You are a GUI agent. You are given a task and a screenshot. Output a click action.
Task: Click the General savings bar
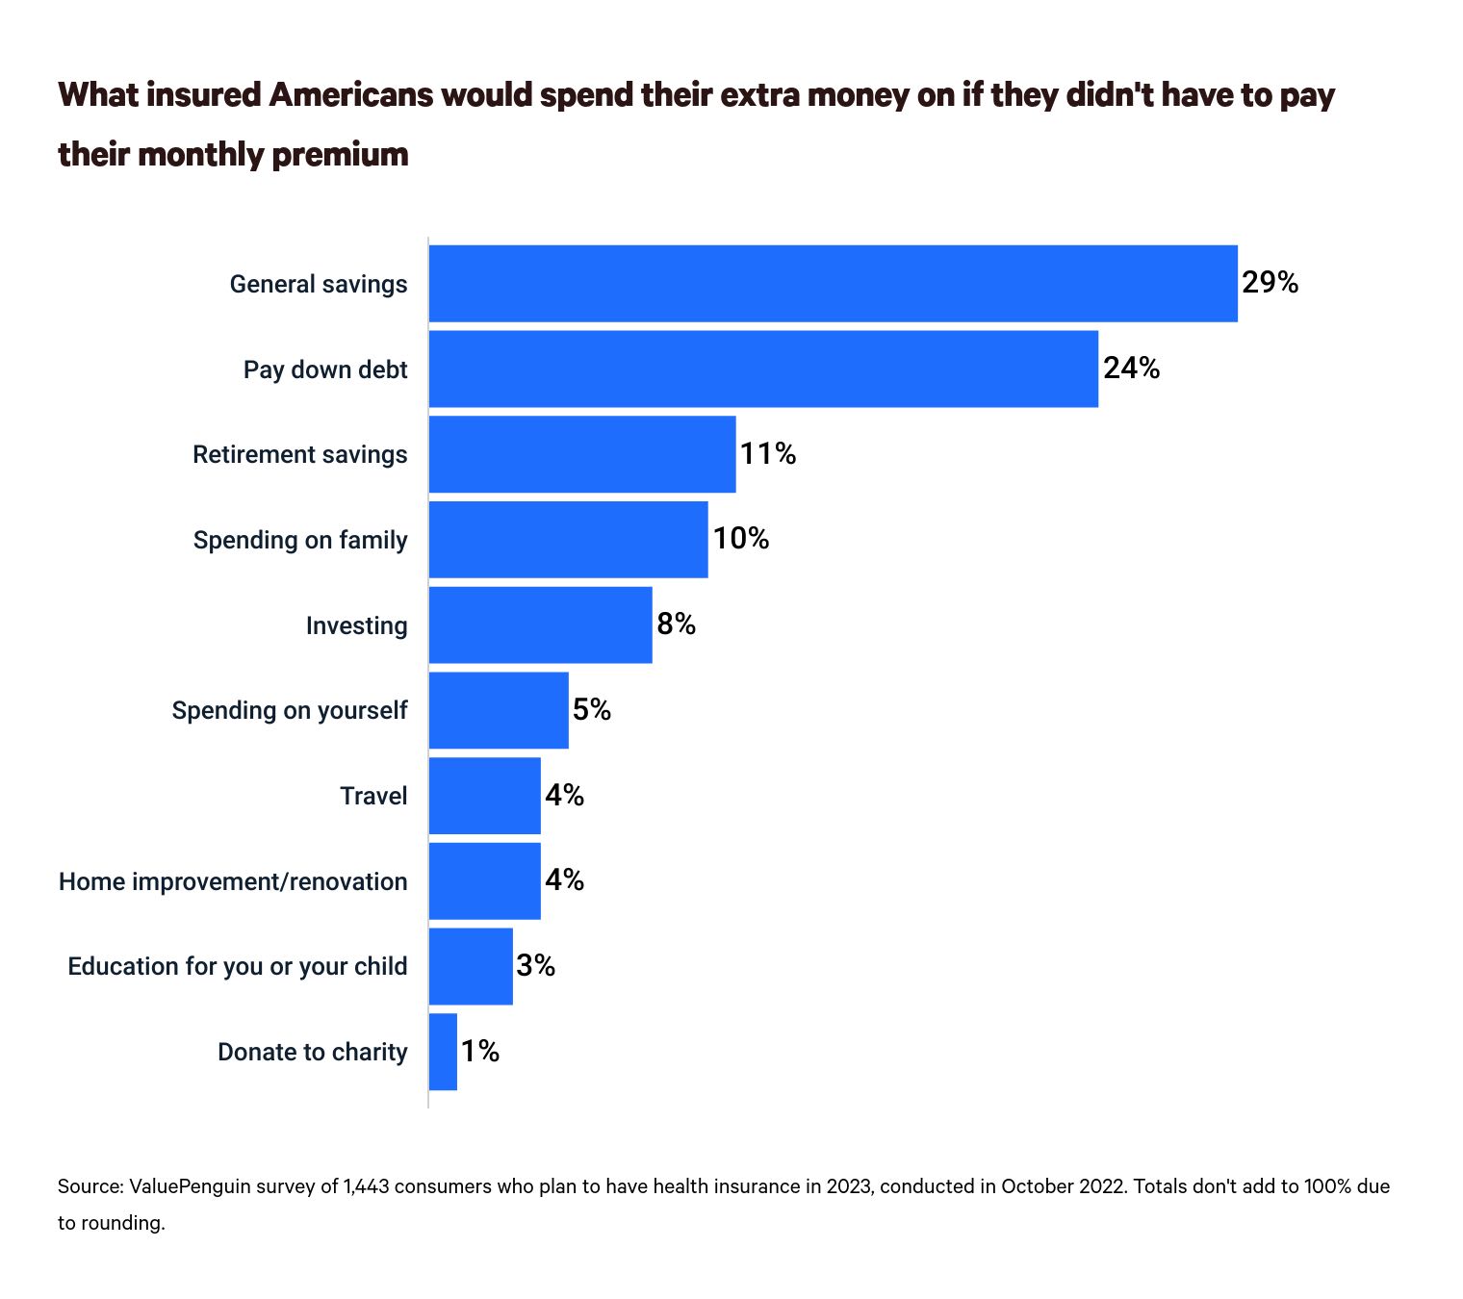click(x=833, y=283)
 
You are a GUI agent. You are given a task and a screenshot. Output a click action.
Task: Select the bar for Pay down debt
click(x=763, y=369)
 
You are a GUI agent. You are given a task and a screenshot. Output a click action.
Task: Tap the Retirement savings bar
click(x=582, y=454)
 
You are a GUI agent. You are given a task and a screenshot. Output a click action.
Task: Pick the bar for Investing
click(x=540, y=624)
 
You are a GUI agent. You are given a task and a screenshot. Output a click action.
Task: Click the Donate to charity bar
click(x=443, y=1051)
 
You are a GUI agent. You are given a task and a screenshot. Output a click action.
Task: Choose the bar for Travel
click(x=484, y=795)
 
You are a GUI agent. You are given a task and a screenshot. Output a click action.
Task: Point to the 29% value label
click(x=1270, y=283)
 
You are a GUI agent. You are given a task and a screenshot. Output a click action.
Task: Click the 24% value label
click(x=1131, y=369)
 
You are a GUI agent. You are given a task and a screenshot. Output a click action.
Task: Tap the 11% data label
click(x=768, y=454)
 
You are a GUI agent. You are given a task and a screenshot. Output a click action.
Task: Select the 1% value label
click(x=479, y=1052)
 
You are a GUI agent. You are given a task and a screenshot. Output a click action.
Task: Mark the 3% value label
click(x=535, y=966)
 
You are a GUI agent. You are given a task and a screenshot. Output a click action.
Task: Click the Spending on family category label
click(x=300, y=540)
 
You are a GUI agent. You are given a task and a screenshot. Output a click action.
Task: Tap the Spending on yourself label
click(x=290, y=710)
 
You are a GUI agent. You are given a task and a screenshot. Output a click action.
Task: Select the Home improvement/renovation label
click(x=233, y=881)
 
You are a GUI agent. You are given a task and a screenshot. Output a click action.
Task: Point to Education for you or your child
click(x=238, y=966)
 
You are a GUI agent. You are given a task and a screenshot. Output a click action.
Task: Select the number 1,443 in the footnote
click(x=367, y=1186)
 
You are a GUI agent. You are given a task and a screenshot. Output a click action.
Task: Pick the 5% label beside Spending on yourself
click(x=592, y=710)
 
